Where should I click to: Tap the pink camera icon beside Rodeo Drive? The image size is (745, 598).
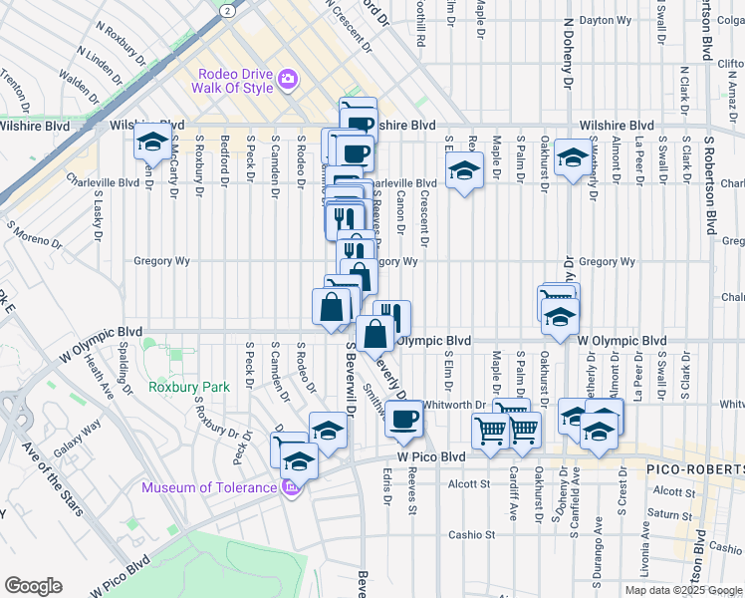point(288,79)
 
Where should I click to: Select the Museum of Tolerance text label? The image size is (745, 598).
point(208,487)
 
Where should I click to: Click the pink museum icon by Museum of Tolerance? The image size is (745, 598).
point(290,487)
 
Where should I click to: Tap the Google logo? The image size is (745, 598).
point(33,586)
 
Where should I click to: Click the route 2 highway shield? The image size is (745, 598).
point(228,9)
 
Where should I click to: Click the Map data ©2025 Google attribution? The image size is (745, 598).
point(682,590)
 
